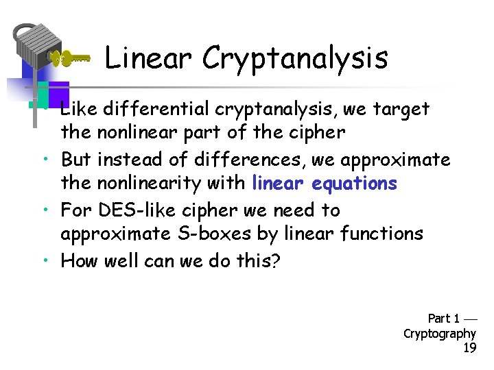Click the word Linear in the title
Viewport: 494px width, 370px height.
(x=147, y=59)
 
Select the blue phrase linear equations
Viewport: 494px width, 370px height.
(x=325, y=184)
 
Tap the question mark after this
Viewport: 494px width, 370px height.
(x=276, y=261)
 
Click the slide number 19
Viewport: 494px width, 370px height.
(x=469, y=348)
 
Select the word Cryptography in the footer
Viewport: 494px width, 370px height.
(x=440, y=334)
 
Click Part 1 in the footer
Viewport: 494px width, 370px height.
(x=444, y=318)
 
